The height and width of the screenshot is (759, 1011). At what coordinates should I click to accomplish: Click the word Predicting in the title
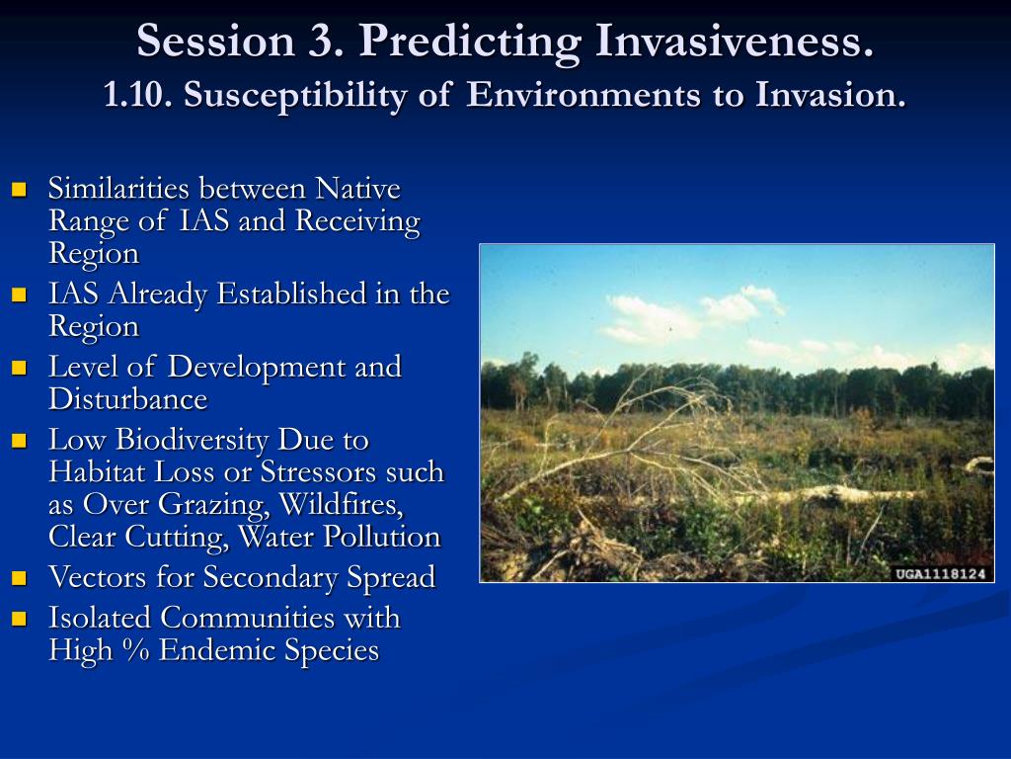[x=470, y=42]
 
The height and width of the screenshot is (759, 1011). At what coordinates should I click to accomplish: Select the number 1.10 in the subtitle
[x=137, y=95]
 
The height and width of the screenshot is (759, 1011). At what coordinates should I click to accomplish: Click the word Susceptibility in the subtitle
[x=295, y=96]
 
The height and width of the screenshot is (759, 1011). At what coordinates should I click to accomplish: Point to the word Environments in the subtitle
[x=583, y=95]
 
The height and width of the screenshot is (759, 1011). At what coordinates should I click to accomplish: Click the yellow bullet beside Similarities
[x=20, y=189]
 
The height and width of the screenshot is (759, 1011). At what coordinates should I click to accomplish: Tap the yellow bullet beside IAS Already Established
[x=20, y=295]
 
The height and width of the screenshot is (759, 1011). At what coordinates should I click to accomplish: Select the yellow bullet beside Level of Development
[x=20, y=368]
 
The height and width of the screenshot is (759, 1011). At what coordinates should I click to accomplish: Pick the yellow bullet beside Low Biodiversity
[x=20, y=440]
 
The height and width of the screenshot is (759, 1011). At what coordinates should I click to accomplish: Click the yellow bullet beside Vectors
[x=20, y=577]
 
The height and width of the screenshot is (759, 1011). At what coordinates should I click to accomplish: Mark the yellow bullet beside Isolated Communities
[x=20, y=619]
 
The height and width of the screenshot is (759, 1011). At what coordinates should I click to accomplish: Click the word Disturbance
[x=128, y=399]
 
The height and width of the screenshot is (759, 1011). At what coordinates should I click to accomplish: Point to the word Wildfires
[x=341, y=505]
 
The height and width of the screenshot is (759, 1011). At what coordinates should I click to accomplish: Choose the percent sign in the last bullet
[x=135, y=650]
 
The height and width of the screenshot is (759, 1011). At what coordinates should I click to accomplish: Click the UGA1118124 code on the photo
[x=941, y=574]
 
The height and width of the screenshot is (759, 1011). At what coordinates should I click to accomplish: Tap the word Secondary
[x=271, y=577]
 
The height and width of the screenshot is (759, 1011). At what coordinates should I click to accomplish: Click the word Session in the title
[x=215, y=42]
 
